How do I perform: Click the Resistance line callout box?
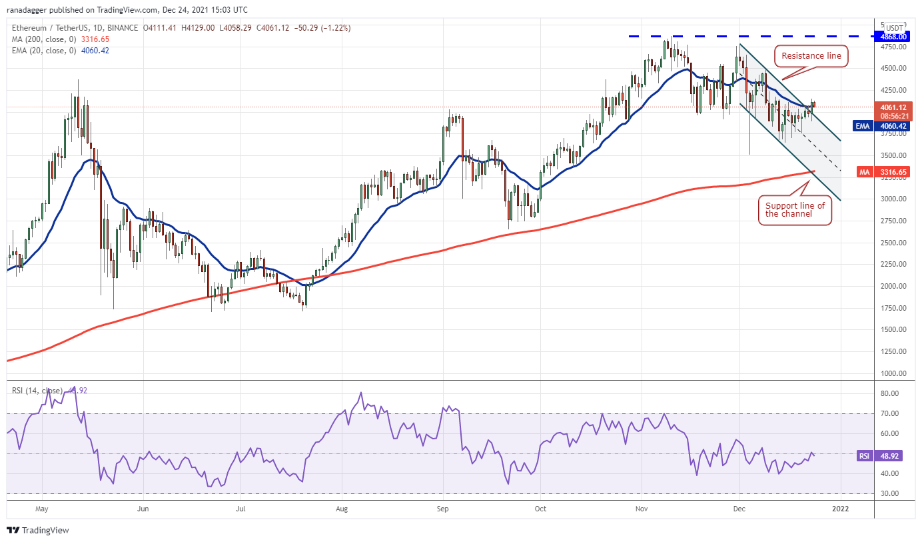coord(811,56)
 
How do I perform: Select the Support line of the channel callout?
coord(795,210)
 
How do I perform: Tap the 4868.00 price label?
coord(893,36)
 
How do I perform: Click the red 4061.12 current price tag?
coord(893,107)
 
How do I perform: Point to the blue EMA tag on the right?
coord(865,125)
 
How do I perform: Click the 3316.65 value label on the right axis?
coord(893,172)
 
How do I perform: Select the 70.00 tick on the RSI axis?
coord(891,413)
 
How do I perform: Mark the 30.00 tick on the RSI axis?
coord(891,493)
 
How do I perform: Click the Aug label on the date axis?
coord(341,509)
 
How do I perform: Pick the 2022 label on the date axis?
coord(841,509)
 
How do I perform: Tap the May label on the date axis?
coord(42,509)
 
